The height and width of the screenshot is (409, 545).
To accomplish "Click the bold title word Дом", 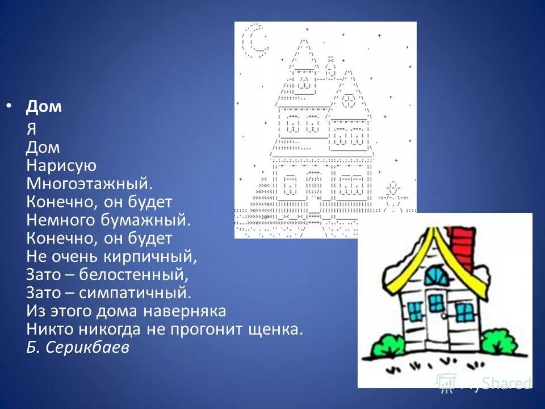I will click(x=44, y=107).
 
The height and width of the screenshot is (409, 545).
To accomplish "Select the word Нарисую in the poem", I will click(x=61, y=166).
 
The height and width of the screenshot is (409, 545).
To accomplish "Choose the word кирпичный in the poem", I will click(x=153, y=257).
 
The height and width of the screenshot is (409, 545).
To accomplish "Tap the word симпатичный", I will click(x=136, y=293).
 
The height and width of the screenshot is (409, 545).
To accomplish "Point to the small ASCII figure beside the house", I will click(x=393, y=193).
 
